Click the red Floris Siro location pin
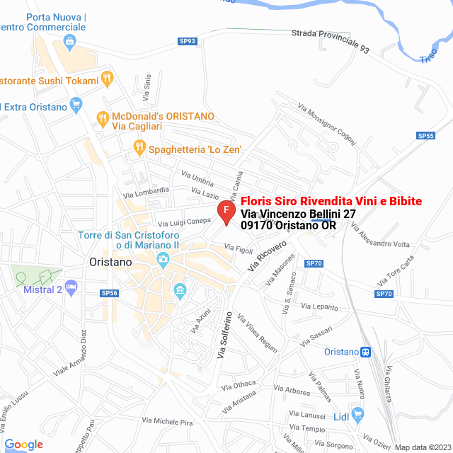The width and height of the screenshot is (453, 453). click(225, 211)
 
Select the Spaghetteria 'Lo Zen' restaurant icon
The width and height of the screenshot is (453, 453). click(139, 148)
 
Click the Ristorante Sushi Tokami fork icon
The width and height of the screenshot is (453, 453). click(108, 78)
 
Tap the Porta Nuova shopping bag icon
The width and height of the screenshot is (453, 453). click(69, 42)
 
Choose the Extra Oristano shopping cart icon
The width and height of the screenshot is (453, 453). click(78, 107)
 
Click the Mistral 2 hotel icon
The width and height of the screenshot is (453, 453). click(71, 287)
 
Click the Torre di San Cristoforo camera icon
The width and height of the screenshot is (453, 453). click(164, 260)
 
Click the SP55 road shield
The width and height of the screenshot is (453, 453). click(425, 136)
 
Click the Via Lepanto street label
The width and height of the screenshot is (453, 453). click(320, 306)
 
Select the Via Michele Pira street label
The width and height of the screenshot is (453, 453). click(167, 422)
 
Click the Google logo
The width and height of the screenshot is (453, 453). click(23, 445)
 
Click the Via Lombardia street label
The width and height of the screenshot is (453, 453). click(146, 191)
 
